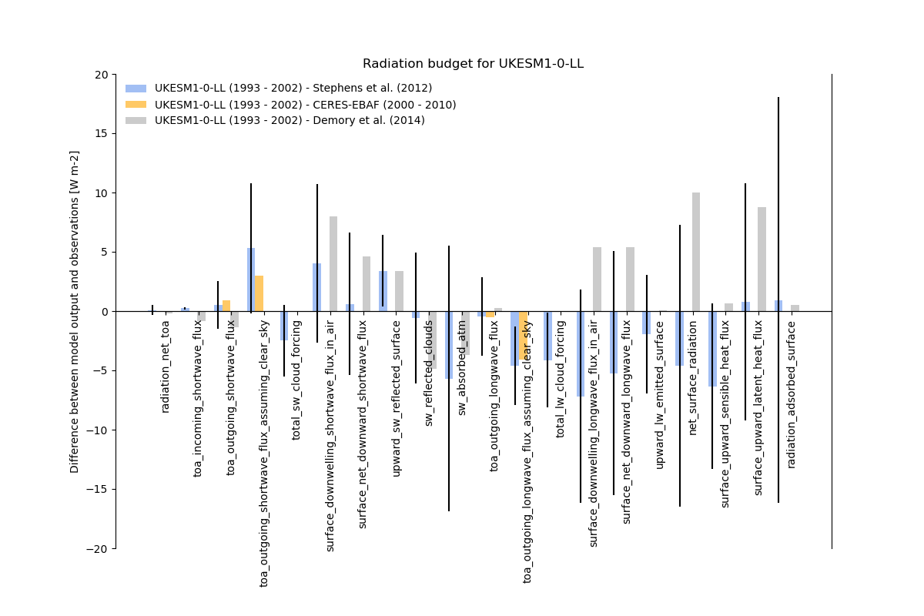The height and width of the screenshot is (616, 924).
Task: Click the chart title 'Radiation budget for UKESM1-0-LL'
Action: coord(473,64)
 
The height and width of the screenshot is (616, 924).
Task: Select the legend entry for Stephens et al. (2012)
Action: coord(293,89)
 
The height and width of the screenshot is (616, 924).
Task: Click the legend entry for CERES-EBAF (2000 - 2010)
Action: coord(305,105)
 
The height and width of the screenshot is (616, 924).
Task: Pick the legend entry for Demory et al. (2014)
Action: coord(290,121)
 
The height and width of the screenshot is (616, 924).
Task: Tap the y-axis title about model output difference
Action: coord(75,311)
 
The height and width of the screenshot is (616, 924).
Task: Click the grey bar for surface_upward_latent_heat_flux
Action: coord(762,259)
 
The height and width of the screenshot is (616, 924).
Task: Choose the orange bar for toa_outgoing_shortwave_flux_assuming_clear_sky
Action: coord(259,293)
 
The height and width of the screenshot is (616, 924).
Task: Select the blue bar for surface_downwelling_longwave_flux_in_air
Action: coord(581,354)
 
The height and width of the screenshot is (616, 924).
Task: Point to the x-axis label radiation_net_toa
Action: coord(166,367)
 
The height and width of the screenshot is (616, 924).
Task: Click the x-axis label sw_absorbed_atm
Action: coord(462,367)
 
